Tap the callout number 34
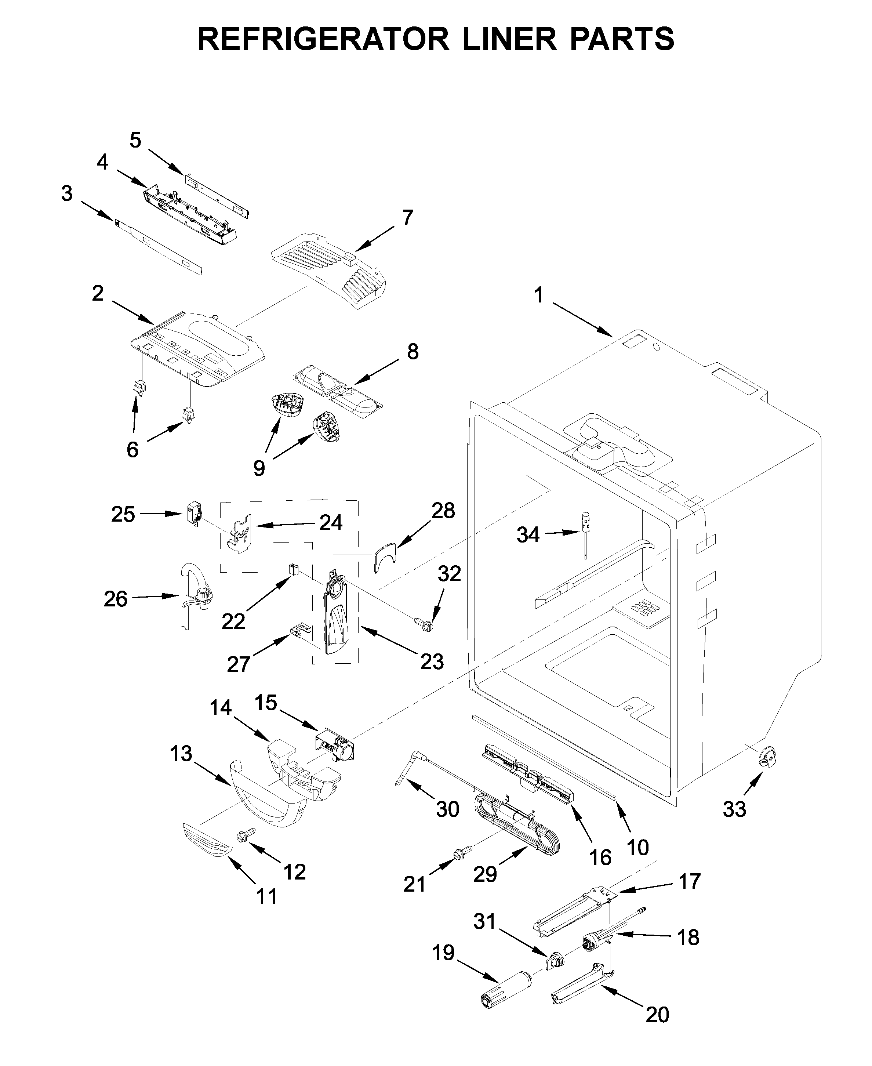tap(528, 535)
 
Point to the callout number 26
tap(116, 599)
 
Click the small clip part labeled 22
tap(293, 569)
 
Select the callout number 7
tap(407, 218)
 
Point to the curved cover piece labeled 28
tap(385, 556)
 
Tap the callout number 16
tap(600, 857)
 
